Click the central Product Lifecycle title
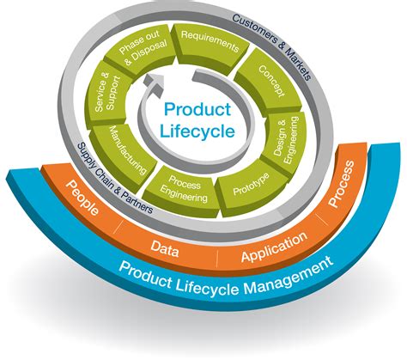coord(197,120)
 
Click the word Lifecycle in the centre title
coord(197,131)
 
